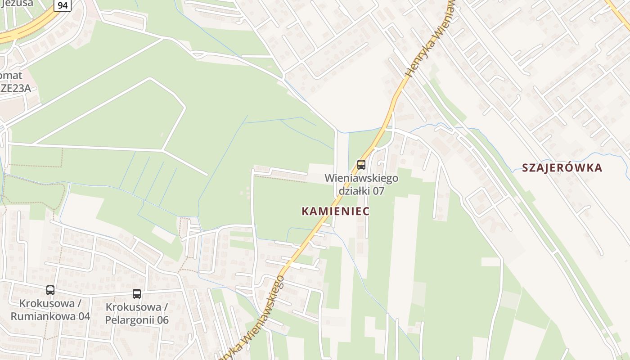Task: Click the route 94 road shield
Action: [63, 5]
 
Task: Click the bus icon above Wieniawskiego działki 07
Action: [361, 164]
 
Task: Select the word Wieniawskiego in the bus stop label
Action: [361, 178]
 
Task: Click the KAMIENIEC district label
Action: [335, 211]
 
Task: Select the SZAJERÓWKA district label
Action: [562, 168]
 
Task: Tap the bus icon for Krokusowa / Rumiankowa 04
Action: [50, 290]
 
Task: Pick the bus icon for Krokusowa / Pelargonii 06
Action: [137, 294]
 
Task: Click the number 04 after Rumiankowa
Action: [84, 316]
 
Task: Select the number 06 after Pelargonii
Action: [162, 320]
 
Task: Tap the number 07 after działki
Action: [378, 191]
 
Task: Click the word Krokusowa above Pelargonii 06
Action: [133, 307]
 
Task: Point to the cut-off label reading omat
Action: [11, 75]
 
